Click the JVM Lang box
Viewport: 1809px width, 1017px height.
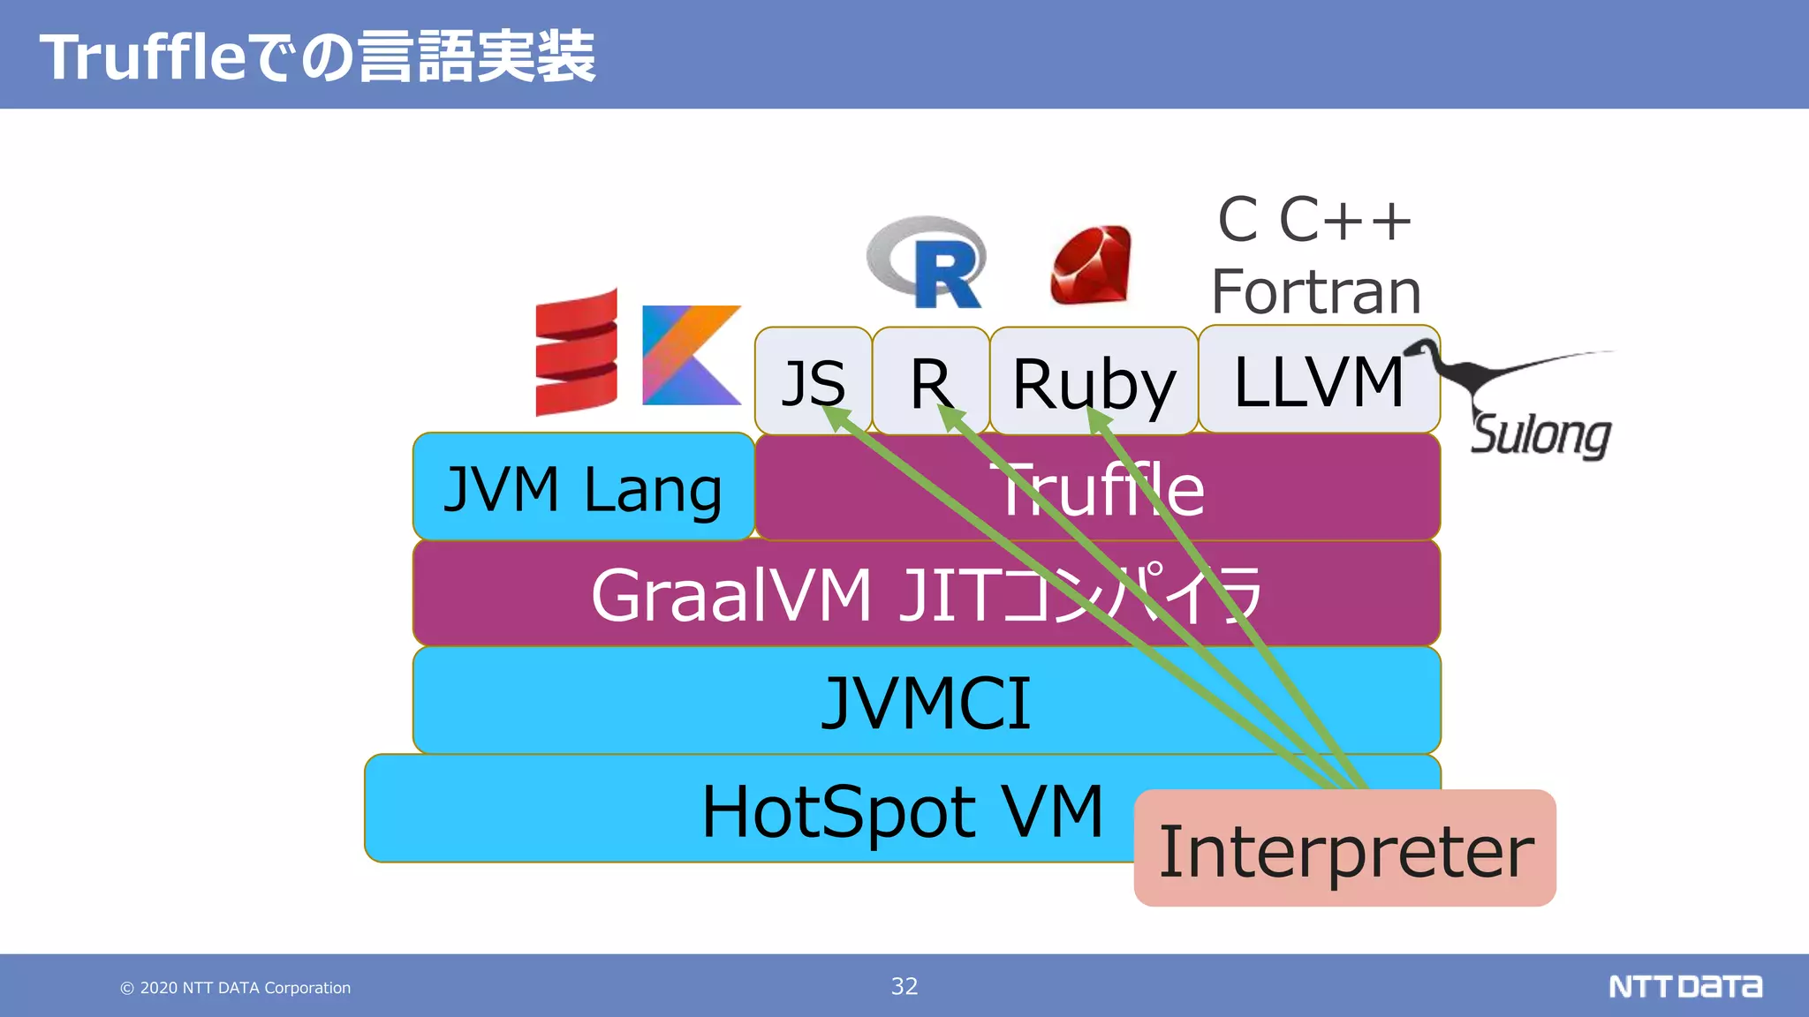coord(583,487)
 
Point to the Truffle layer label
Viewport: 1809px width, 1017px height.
coord(1100,489)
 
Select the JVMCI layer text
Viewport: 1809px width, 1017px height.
coord(926,703)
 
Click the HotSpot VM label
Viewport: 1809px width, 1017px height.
coord(901,810)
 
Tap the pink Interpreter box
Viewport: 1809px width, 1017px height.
coord(1344,849)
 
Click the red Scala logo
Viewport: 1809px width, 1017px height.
coord(576,353)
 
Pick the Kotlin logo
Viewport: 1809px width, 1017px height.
coord(690,355)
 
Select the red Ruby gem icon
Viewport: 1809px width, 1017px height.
coord(1091,265)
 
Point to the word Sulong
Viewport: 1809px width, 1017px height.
coord(1540,434)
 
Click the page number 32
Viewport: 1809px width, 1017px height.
coord(904,986)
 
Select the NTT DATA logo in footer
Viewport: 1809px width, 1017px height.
coord(1684,986)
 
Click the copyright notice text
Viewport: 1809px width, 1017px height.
coord(236,988)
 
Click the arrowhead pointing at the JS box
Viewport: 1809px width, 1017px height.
coord(836,418)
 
